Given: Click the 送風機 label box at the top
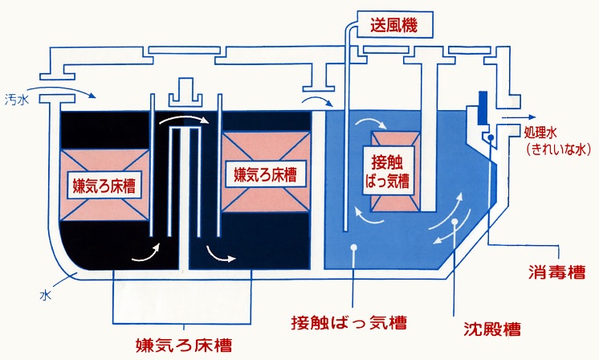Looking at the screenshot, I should pos(394,25).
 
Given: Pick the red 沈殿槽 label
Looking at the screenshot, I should pos(492,329).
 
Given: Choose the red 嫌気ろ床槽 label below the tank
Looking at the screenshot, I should pos(183,346).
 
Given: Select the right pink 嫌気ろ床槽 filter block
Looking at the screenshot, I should pos(266,173).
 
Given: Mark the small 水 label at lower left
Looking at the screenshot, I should pos(46,295).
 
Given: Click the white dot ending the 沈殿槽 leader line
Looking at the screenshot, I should pos(454,220).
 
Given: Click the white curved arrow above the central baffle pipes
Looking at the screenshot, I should pos(185,121).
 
